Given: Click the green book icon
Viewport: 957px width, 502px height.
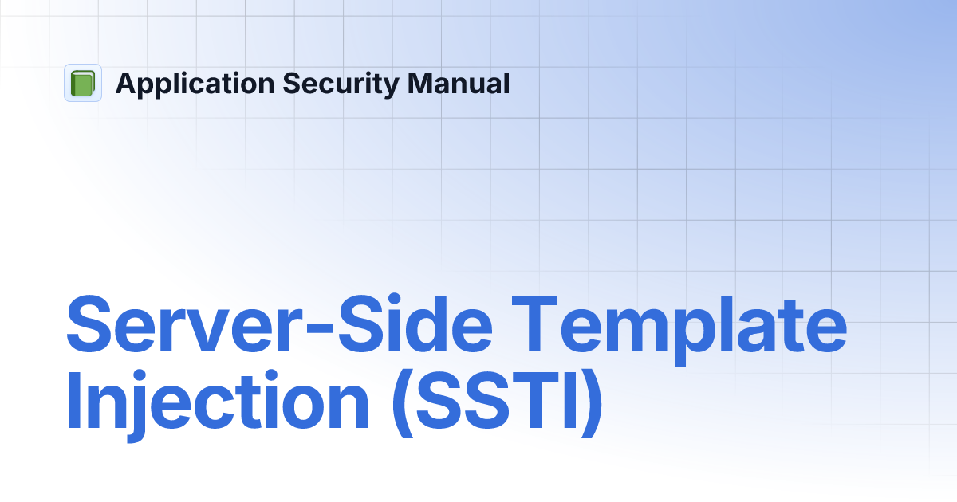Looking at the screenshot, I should point(83,83).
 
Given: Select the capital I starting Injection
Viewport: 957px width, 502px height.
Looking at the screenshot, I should point(73,402).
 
